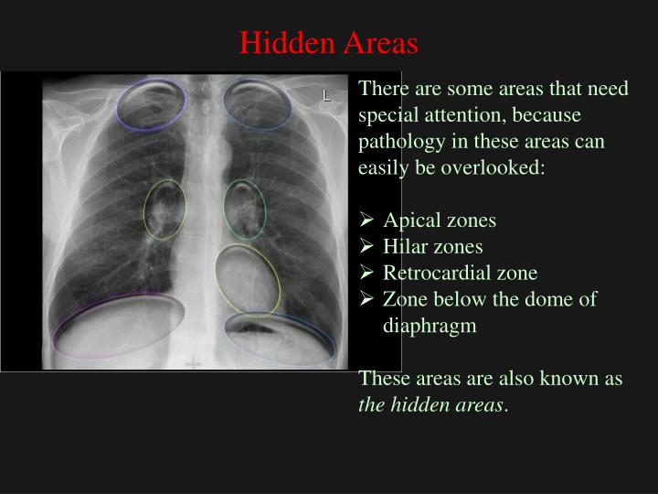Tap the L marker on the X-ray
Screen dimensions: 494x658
(325, 94)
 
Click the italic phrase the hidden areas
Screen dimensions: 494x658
(430, 404)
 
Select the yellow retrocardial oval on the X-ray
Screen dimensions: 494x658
(248, 278)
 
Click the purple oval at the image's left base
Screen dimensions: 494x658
(118, 326)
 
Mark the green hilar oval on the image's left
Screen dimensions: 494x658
(164, 209)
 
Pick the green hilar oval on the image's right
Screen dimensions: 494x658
(245, 209)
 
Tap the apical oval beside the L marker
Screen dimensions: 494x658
(258, 103)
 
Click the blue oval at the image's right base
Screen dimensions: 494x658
(280, 338)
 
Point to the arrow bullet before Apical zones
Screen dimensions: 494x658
(366, 220)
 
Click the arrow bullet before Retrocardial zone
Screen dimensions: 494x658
(366, 273)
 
